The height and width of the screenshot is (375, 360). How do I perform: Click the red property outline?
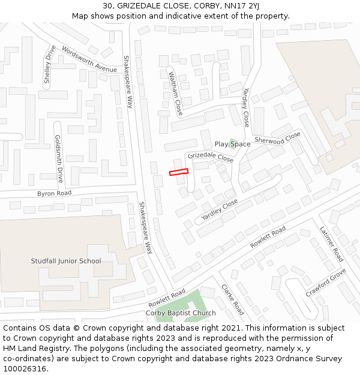tap(179, 172)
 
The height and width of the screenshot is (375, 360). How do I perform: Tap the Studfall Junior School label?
tap(66, 261)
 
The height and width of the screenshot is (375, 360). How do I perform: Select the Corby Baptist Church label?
tap(181, 313)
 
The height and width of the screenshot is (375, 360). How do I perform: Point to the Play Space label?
tap(232, 145)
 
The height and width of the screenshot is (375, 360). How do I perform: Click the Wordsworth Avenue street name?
tap(89, 61)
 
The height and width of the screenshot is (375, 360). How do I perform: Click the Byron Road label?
tap(54, 193)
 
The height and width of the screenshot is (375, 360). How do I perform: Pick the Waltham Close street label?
tap(175, 94)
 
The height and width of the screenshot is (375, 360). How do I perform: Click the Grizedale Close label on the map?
tap(210, 157)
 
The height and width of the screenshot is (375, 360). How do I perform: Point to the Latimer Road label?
tap(331, 244)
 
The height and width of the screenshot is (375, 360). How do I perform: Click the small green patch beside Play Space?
tap(234, 142)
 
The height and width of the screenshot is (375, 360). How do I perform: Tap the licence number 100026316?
tap(26, 368)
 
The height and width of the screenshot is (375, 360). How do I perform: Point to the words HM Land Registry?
tap(32, 348)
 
